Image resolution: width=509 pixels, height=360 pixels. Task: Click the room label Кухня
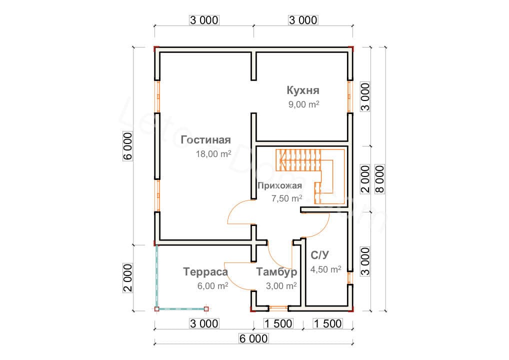303,90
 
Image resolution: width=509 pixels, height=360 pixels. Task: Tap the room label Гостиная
205,139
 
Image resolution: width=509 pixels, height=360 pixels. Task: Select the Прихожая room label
279,185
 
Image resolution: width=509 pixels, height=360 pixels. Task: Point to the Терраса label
205,271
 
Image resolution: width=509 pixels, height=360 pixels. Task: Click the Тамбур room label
276,271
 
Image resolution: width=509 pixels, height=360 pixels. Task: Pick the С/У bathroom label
319,255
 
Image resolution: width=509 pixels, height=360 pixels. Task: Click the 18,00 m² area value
213,154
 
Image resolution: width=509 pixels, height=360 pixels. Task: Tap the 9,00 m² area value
303,104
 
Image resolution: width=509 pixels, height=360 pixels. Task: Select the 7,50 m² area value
286,198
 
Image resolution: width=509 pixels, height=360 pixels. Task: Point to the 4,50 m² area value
325,269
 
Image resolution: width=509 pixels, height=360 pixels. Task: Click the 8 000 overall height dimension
379,179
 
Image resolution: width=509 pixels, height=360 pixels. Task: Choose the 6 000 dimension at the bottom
253,338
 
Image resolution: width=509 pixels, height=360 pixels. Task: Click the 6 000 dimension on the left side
128,146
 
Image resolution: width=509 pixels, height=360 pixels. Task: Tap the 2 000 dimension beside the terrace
128,277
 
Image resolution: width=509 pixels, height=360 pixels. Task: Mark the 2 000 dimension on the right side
365,179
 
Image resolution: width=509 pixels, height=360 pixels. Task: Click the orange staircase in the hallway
310,176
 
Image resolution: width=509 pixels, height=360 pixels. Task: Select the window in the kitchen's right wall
349,96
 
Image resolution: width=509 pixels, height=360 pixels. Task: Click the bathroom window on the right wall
349,278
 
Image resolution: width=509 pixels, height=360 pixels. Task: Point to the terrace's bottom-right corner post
206,309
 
